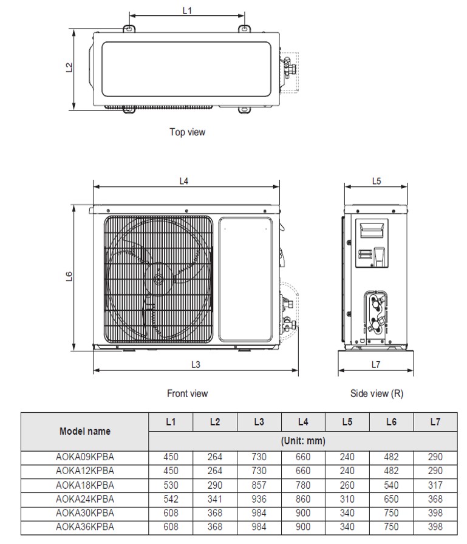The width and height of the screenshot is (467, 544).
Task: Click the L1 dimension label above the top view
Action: coord(187,10)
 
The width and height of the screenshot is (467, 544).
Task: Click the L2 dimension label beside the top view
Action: coord(69,69)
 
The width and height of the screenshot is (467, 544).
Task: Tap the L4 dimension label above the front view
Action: coord(184,181)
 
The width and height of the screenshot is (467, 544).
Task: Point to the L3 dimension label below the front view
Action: coord(196,364)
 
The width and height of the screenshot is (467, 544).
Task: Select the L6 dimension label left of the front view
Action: coord(69,278)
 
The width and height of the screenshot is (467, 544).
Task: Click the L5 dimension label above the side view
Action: coord(376,181)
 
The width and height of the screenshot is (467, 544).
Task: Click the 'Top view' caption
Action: coord(187,132)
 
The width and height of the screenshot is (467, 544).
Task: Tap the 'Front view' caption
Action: coord(187,393)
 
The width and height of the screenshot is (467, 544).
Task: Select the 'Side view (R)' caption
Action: coord(377,393)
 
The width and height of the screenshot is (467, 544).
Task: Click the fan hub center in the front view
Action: coord(159,280)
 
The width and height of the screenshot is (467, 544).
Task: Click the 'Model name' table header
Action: coord(85,432)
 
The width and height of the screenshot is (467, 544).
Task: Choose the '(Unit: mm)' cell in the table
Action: coord(303,441)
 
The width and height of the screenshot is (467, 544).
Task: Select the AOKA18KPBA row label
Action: coord(85,485)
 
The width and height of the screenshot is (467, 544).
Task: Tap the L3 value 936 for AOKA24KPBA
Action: coord(259,499)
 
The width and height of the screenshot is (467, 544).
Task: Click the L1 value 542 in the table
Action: coord(171,499)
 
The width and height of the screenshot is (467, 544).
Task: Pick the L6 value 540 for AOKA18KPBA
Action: coord(391,485)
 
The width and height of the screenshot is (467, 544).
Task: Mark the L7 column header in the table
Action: coord(435,422)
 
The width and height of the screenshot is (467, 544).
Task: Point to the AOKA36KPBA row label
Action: coord(85,527)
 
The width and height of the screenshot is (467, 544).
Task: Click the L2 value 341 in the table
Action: coord(215,499)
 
